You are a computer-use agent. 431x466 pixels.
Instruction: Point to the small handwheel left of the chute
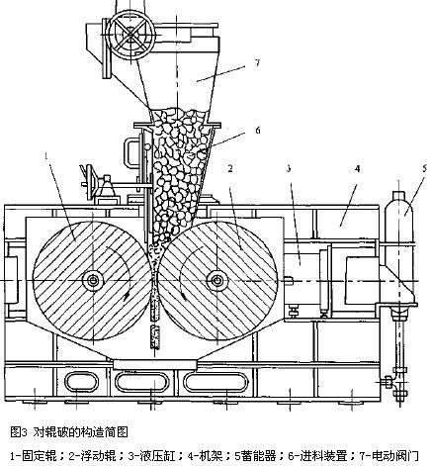(x=95, y=185)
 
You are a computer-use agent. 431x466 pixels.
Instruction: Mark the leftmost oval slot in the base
(x=77, y=380)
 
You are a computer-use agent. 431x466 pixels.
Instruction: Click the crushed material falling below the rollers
(x=154, y=336)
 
